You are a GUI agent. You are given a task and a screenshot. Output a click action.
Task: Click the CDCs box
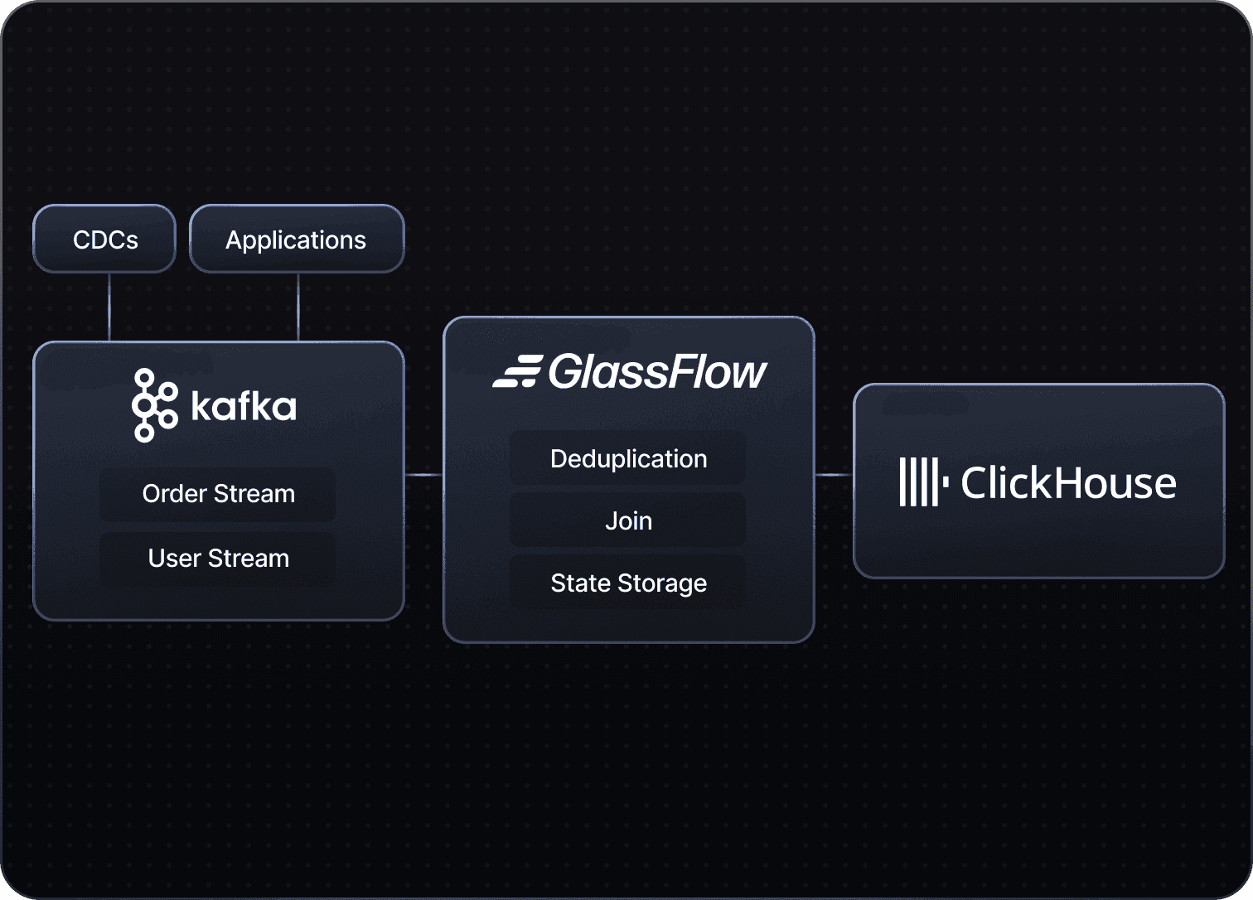point(104,240)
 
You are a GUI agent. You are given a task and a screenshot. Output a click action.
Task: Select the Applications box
point(297,240)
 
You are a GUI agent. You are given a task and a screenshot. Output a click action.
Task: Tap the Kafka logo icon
point(154,405)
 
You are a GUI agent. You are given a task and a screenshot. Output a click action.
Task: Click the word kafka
point(244,406)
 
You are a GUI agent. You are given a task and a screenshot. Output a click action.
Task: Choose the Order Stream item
point(218,494)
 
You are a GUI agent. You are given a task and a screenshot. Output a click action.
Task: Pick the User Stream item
point(218,559)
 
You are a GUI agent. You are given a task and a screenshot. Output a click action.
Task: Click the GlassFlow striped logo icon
point(517,371)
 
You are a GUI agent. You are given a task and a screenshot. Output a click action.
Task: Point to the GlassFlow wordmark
point(658,372)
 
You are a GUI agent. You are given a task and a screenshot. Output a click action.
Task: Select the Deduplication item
point(628,458)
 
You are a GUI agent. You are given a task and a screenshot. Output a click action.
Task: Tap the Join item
point(628,521)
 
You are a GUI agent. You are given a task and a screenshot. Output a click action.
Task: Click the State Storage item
point(628,583)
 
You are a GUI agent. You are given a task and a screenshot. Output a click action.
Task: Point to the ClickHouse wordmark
point(1068,482)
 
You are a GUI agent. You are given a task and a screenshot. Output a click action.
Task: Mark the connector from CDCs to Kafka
point(109,307)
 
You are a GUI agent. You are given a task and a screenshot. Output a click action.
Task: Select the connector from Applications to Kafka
point(298,307)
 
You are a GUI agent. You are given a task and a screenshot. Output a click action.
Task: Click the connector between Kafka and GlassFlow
point(423,475)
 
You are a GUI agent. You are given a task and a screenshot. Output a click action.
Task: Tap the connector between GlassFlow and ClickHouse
point(834,475)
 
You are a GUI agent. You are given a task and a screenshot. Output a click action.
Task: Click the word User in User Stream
point(174,559)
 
